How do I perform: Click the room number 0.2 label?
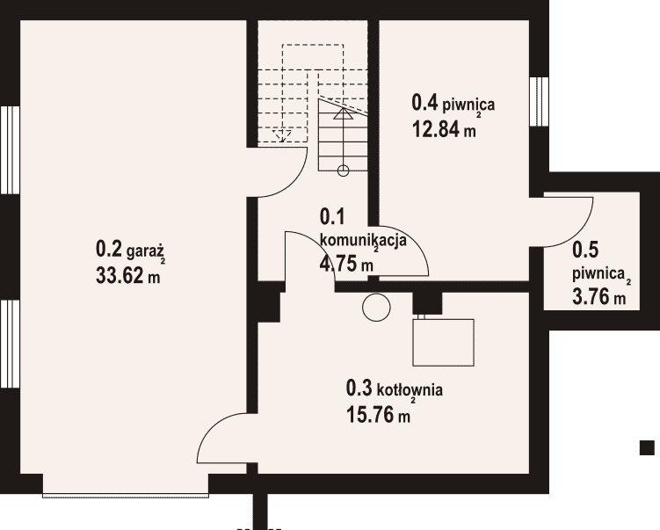[x=109, y=249]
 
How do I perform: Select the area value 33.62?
[x=120, y=276]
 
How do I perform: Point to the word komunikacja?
[x=363, y=240]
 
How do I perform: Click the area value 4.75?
[x=338, y=264]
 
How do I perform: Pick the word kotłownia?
[x=410, y=390]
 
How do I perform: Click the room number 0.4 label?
[x=424, y=102]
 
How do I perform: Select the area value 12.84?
[x=436, y=129]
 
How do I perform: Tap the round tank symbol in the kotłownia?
[x=376, y=308]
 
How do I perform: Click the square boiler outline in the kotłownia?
[x=443, y=342]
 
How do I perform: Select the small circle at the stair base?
[x=343, y=171]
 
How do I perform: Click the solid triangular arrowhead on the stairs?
[x=344, y=113]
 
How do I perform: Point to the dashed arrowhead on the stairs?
[x=281, y=135]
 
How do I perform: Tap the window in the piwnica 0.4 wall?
[x=540, y=101]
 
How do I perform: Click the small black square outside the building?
[x=647, y=447]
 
